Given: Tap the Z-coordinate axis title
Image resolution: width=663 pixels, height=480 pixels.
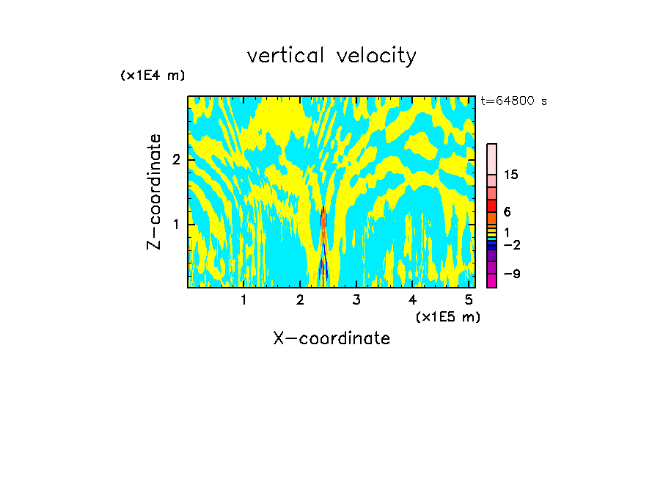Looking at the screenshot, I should [154, 192].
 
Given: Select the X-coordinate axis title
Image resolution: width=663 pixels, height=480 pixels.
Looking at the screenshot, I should [331, 338].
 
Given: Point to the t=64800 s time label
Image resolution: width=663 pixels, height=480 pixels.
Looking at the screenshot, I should [513, 101].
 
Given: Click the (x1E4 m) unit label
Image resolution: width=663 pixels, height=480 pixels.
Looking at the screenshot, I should [153, 75].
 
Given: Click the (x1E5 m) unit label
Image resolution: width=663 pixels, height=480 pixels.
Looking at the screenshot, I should [447, 316].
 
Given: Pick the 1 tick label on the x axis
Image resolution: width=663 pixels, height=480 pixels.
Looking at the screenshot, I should [243, 299].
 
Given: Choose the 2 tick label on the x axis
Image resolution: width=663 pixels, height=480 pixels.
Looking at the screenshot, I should [300, 299].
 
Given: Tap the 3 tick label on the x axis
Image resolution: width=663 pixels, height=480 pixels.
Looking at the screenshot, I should [356, 299].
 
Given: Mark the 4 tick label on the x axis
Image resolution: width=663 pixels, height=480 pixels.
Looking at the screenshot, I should [413, 299].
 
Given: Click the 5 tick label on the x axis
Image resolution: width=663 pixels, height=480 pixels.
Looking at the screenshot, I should [469, 299].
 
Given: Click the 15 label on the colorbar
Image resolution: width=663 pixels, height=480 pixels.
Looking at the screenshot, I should [511, 175].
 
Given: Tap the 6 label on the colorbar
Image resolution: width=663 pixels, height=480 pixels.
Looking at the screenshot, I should [508, 211].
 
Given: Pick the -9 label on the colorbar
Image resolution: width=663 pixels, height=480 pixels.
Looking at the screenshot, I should [511, 274].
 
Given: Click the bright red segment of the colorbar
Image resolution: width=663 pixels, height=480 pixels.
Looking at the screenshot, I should [491, 206].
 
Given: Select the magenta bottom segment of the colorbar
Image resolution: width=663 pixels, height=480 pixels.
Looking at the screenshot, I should [491, 280].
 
